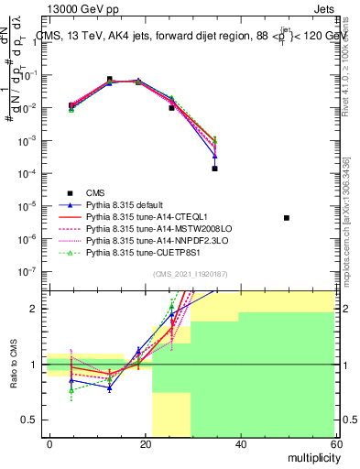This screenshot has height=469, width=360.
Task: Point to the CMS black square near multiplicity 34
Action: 214,169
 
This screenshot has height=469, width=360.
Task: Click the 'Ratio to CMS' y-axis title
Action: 12,365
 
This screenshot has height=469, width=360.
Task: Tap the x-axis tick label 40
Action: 239,443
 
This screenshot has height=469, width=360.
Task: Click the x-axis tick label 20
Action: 144,443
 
